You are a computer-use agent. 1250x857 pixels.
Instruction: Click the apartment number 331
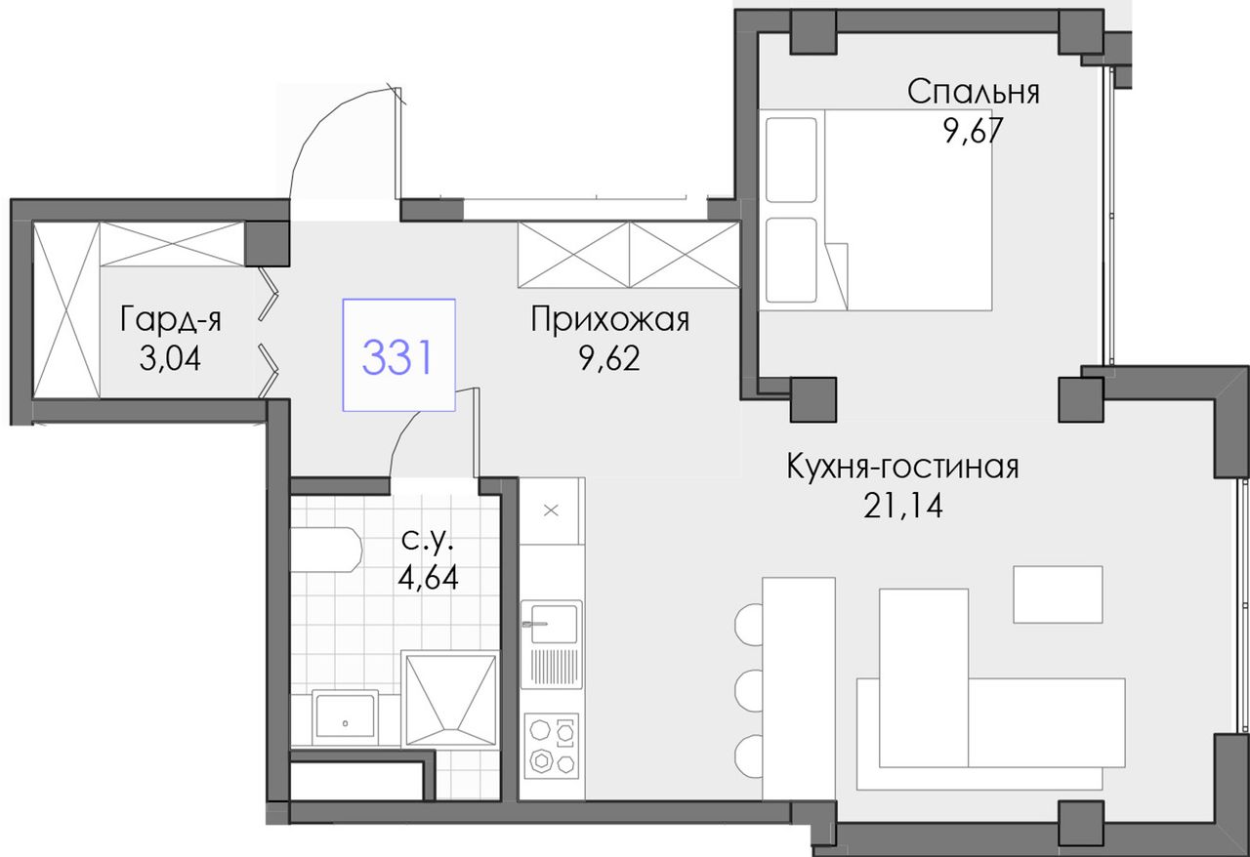point(397,357)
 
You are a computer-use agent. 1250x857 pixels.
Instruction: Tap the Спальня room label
point(974,92)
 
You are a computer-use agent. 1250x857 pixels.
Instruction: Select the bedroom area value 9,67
point(974,131)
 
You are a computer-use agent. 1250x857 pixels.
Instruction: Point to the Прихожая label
point(610,320)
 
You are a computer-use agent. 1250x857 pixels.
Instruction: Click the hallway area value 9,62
point(609,359)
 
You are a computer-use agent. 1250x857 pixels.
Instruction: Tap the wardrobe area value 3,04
point(170,358)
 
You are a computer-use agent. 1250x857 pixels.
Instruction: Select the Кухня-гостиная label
point(902,467)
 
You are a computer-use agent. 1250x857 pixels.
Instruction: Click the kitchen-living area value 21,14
point(903,506)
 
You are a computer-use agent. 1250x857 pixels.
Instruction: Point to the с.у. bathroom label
point(428,541)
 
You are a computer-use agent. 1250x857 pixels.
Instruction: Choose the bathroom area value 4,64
point(428,578)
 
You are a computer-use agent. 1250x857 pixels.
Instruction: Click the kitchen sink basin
point(553,624)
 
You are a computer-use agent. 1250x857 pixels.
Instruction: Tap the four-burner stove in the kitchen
point(552,746)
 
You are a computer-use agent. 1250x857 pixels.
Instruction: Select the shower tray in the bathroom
point(450,700)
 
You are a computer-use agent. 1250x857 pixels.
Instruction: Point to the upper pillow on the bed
point(791,159)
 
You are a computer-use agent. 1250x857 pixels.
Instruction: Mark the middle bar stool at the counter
point(749,691)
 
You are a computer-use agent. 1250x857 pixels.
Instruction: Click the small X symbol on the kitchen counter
point(551,510)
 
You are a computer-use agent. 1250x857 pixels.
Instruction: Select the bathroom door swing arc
point(401,440)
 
